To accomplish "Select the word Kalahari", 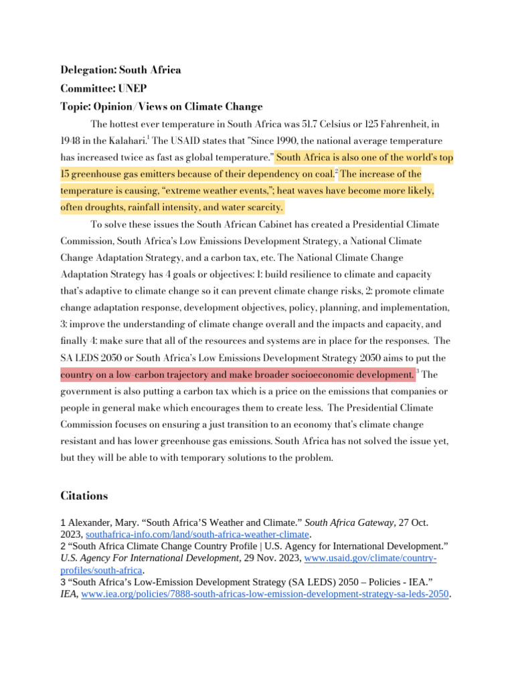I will point(124,141).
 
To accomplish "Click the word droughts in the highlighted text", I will point(110,207).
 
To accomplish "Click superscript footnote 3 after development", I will point(418,371).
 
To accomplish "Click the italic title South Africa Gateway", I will point(343,522).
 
